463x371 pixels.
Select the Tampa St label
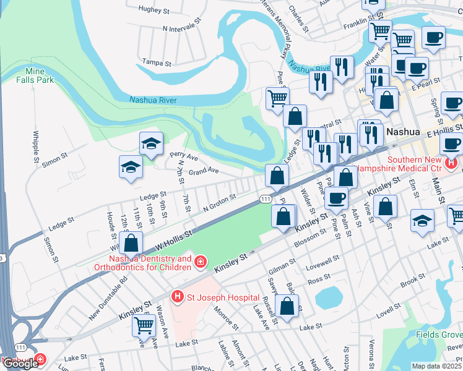[x=155, y=62]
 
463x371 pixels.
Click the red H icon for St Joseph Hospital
[x=178, y=297]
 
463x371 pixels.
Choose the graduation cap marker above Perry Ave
[x=151, y=144]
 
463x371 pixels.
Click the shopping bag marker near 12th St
[x=131, y=243]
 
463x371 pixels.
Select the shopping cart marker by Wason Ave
[x=144, y=323]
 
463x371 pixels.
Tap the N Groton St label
[x=220, y=203]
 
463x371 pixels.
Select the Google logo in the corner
[x=20, y=364]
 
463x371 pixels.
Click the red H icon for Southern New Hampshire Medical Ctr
[x=452, y=163]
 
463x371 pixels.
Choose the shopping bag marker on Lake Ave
[x=287, y=305]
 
